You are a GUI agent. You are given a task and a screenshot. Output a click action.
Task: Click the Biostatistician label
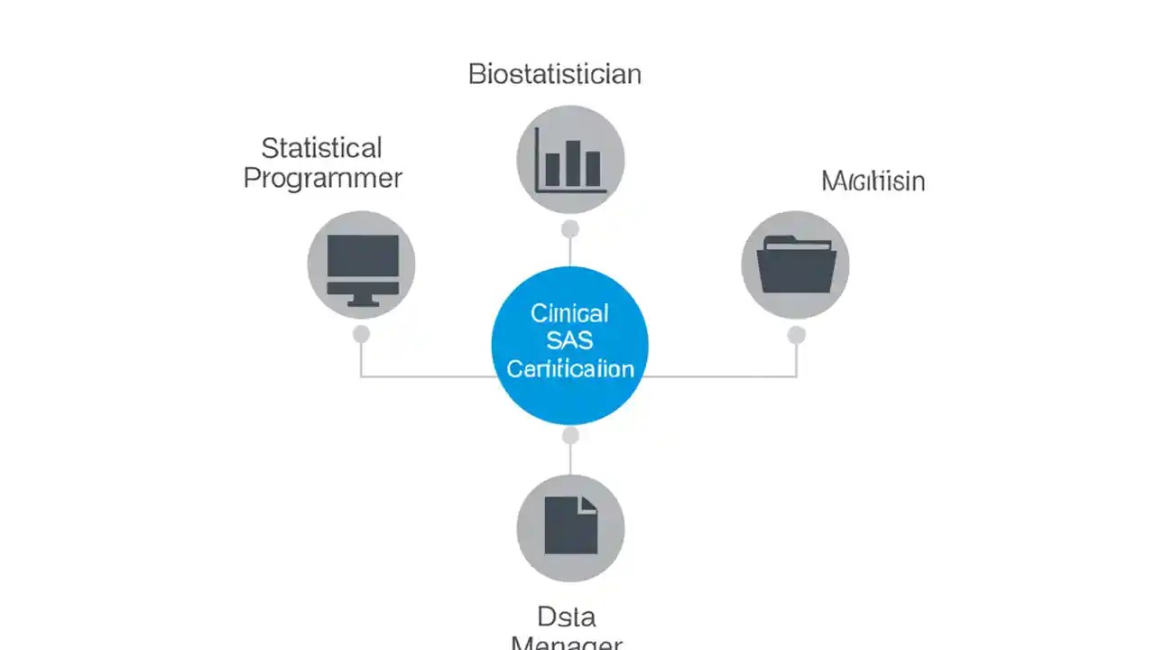point(554,74)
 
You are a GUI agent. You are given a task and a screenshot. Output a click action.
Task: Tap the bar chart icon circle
point(570,160)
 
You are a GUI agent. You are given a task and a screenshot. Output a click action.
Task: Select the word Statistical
point(321,148)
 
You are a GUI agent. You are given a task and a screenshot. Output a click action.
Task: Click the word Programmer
point(322,178)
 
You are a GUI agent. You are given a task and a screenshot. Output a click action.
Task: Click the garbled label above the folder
point(873,181)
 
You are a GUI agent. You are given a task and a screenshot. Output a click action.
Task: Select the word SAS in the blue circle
point(570,341)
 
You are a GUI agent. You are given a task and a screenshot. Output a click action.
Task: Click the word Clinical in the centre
point(569,313)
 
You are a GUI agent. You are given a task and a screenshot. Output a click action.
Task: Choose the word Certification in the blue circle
point(570,369)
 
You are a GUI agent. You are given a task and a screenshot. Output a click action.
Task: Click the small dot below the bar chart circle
point(570,229)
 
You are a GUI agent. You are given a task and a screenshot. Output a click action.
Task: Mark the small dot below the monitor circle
point(362,335)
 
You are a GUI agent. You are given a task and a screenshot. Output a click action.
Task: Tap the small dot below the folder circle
point(796,336)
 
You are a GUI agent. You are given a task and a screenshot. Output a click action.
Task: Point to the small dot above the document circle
point(570,437)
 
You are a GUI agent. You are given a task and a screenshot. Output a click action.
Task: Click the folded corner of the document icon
point(588,505)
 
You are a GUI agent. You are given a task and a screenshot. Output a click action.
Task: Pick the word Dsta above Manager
point(566,617)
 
